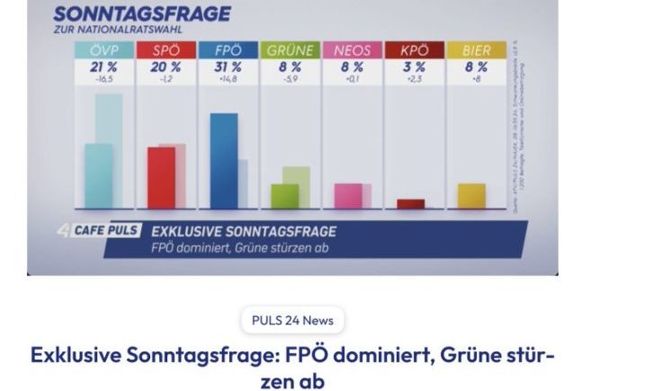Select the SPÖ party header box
(x=165, y=51)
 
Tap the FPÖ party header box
(x=228, y=51)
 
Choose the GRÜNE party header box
(x=290, y=51)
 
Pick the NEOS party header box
(x=352, y=51)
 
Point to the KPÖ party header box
(x=414, y=51)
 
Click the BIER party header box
(x=476, y=51)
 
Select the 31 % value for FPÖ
(x=228, y=67)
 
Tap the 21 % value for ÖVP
(x=103, y=67)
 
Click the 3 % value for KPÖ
(x=414, y=67)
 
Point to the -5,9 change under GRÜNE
(x=290, y=79)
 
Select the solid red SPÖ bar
(x=161, y=177)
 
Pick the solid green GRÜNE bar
(x=284, y=195)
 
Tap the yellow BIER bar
(x=471, y=195)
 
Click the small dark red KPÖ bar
(x=410, y=203)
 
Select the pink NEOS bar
(x=347, y=195)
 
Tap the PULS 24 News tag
(x=292, y=320)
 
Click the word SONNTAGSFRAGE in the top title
(x=141, y=14)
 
